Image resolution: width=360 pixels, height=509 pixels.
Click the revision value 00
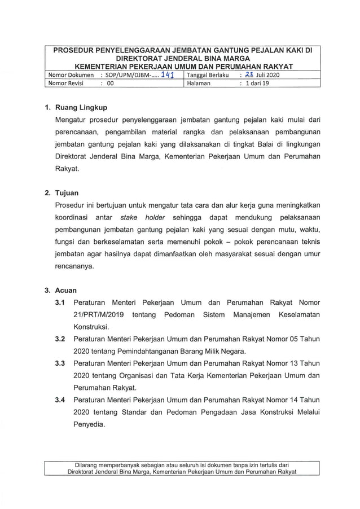coord(110,83)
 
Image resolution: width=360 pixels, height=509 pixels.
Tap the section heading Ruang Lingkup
coord(81,107)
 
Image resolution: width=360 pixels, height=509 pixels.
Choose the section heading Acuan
coord(66,291)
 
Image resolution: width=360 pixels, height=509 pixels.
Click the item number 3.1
coord(60,302)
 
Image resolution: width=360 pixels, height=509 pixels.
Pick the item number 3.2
coord(60,339)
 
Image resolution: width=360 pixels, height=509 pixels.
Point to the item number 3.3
coord(60,364)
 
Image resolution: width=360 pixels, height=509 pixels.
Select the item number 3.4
coord(60,401)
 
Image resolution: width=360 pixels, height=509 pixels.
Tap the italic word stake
coord(130,218)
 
